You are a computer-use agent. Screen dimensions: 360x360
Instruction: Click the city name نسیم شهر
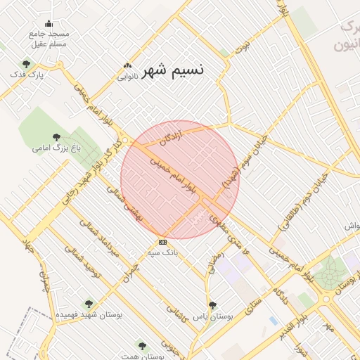pos(174,70)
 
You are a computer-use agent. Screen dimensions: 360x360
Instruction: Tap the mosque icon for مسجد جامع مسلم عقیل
pos(49,23)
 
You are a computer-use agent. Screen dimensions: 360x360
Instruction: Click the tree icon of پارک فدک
pos(26,64)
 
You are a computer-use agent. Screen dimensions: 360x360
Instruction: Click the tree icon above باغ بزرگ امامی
pos(56,138)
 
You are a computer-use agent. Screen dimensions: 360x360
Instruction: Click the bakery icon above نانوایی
pos(127,66)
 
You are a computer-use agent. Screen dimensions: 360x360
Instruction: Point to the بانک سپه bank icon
pos(163,241)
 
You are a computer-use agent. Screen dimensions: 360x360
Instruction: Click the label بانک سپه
pos(162,250)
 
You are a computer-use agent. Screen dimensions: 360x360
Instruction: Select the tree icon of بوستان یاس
pos(212,305)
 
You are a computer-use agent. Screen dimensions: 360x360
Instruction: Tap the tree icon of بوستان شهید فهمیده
pos(88,304)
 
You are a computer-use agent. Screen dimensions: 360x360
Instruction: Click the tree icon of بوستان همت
pos(142,346)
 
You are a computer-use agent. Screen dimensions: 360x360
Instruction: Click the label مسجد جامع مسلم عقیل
pos(49,39)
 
